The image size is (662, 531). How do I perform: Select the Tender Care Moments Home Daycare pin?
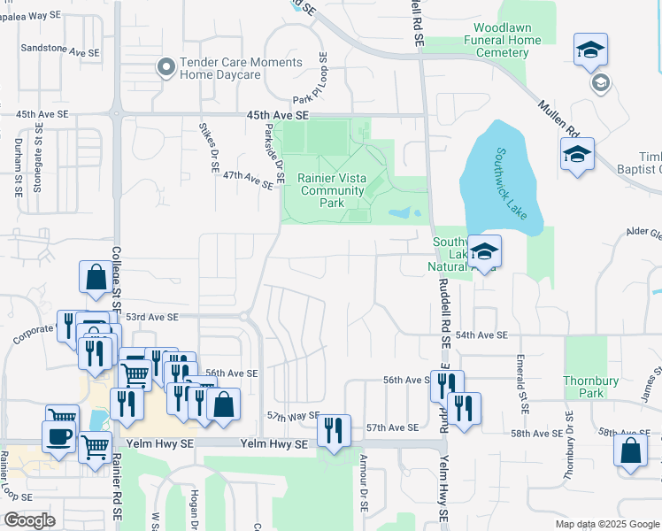coord(165,67)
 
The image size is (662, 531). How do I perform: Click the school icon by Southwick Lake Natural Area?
coord(484,252)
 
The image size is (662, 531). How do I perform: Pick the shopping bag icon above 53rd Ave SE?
coord(95,278)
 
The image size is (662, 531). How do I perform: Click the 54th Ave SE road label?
coord(482,335)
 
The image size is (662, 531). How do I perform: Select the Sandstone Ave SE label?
coord(60,52)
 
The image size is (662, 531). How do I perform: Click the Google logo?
coord(29,520)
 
